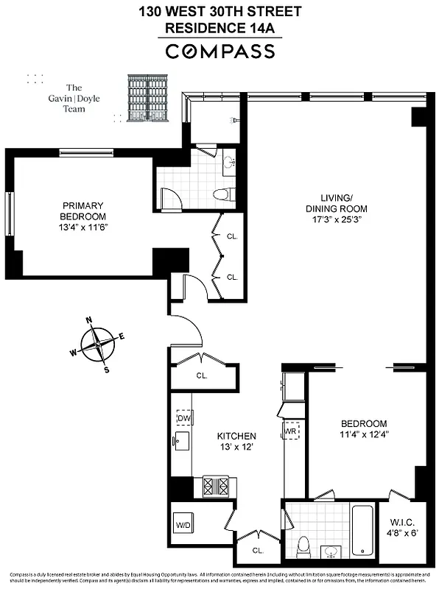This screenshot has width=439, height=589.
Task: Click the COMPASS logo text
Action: (219, 52)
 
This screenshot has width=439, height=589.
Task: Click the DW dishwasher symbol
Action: (184, 418)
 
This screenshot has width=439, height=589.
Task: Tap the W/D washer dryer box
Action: (183, 526)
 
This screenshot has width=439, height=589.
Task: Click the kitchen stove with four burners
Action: (216, 486)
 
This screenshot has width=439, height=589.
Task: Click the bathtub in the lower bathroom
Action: (362, 529)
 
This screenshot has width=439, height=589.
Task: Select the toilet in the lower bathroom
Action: (302, 546)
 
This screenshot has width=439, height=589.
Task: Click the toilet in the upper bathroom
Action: (222, 194)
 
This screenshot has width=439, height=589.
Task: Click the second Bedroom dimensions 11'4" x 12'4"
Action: (364, 434)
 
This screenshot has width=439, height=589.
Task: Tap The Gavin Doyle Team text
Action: (74, 98)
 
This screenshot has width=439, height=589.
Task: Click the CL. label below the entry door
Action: (202, 375)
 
